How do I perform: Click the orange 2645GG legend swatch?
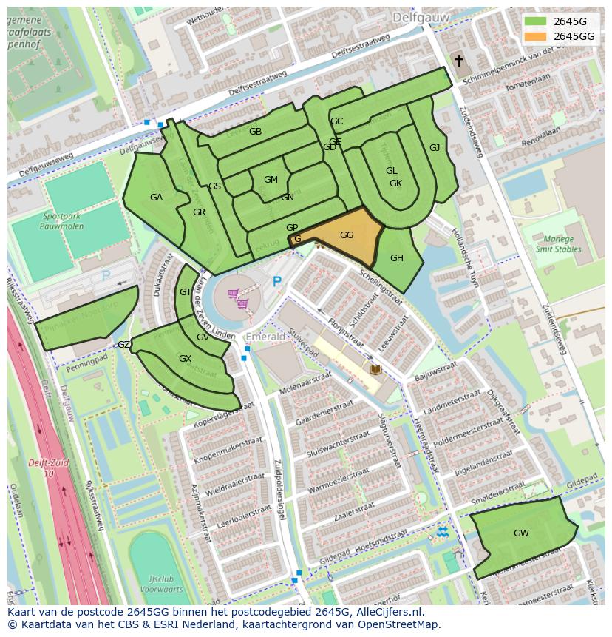(x=536, y=36)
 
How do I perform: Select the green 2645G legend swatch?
(x=536, y=21)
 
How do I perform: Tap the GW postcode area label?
(x=521, y=533)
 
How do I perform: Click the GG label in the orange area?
(x=347, y=235)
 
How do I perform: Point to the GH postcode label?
(x=397, y=257)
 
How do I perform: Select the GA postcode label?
(x=156, y=198)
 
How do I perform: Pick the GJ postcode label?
(x=435, y=148)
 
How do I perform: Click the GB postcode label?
(x=255, y=132)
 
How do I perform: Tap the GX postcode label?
(x=185, y=359)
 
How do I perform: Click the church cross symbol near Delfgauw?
(x=458, y=61)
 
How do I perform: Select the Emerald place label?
(x=265, y=337)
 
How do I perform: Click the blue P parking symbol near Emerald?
(x=277, y=282)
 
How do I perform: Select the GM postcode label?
(x=271, y=180)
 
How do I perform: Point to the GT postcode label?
(x=185, y=292)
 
